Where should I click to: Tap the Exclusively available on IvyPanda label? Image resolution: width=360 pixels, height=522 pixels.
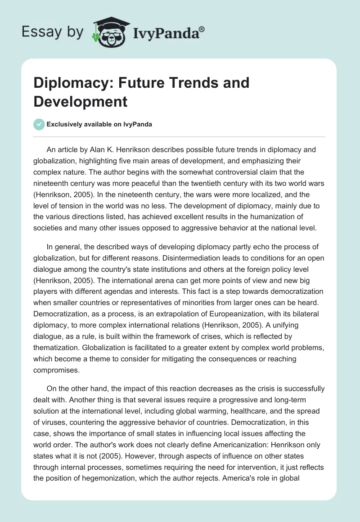point(99,124)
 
